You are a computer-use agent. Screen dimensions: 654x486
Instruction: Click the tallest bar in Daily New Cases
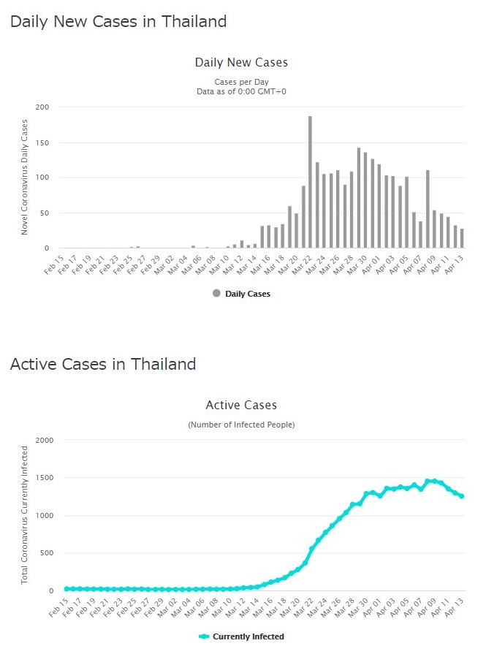pyautogui.click(x=310, y=183)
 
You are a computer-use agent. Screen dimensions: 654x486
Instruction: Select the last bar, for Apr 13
pyautogui.click(x=462, y=239)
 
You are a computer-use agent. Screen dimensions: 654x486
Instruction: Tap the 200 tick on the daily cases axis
pyautogui.click(x=42, y=107)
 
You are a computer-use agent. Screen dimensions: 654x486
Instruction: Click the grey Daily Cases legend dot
pyautogui.click(x=216, y=294)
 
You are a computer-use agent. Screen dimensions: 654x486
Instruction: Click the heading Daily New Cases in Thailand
pyautogui.click(x=118, y=22)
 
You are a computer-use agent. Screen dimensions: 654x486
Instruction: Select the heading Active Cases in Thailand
pyautogui.click(x=103, y=364)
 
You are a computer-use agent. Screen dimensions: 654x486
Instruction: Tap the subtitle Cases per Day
pyautogui.click(x=241, y=81)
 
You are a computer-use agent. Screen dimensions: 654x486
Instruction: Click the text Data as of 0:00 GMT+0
pyautogui.click(x=241, y=91)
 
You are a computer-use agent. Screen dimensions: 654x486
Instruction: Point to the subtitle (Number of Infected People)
pyautogui.click(x=241, y=425)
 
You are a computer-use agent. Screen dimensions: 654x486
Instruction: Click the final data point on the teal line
pyautogui.click(x=462, y=496)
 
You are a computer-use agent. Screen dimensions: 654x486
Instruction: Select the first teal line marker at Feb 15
pyautogui.click(x=66, y=588)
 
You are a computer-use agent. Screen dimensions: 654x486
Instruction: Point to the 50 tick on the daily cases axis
pyautogui.click(x=45, y=213)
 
